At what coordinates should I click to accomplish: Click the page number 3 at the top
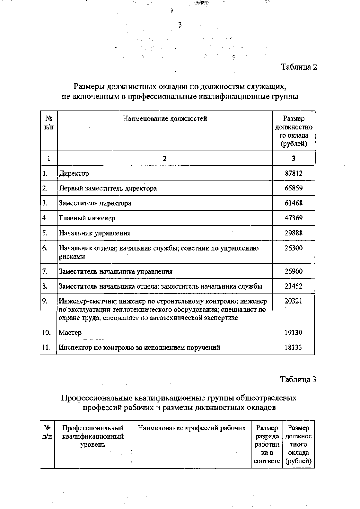tap(180, 25)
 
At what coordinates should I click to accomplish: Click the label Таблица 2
tap(299, 67)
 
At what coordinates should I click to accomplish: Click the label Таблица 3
tap(298, 379)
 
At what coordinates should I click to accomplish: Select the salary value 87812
tap(293, 173)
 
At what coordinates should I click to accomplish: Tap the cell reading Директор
tap(74, 174)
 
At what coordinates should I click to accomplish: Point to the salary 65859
tap(293, 188)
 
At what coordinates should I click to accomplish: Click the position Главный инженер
tap(87, 218)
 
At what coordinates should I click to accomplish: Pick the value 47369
tap(293, 218)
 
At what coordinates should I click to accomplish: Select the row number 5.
tap(45, 233)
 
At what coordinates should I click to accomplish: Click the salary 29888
tap(293, 233)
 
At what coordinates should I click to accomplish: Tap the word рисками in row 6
tap(72, 257)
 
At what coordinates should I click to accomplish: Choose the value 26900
tap(293, 271)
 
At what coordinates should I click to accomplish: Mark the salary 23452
tap(293, 286)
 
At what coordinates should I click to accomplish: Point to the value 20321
tap(293, 301)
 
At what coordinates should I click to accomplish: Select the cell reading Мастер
tap(70, 333)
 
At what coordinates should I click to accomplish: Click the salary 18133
tap(293, 348)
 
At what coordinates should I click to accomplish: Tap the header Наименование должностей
tap(165, 119)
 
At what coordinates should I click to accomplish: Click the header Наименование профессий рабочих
tap(192, 428)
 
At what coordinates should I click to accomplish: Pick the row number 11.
tap(46, 348)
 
